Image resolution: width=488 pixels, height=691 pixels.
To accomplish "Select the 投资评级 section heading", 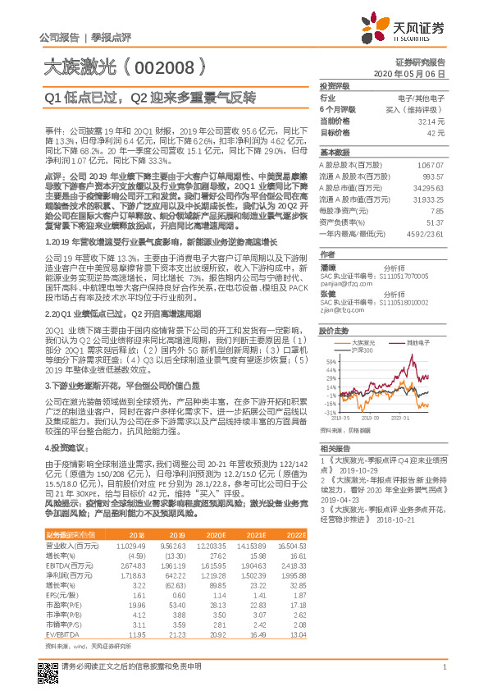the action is tap(335, 85).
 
